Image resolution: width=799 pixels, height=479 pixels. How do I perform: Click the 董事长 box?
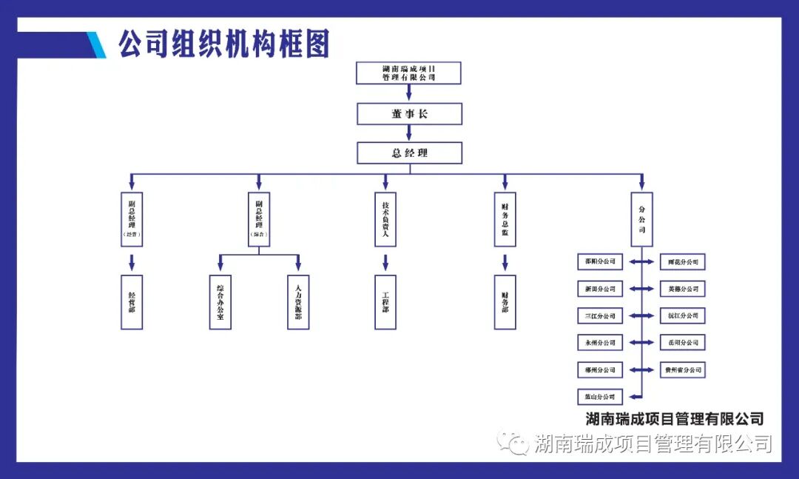[x=409, y=114]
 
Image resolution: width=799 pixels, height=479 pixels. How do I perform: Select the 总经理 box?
[x=409, y=153]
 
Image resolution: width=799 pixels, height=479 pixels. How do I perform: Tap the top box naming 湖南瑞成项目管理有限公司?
[x=408, y=73]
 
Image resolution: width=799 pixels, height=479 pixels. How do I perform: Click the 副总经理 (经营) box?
[x=132, y=219]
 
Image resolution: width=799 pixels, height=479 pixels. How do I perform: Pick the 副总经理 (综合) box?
[x=259, y=219]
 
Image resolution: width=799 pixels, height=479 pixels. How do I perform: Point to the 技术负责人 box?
[x=385, y=219]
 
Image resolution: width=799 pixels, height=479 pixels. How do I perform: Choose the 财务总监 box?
[x=505, y=219]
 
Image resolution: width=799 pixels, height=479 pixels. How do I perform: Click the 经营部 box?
[x=132, y=302]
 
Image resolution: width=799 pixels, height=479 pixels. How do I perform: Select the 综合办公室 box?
[x=220, y=302]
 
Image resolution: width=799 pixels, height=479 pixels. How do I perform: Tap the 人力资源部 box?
[x=298, y=302]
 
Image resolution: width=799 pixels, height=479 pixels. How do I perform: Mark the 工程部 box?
[x=385, y=302]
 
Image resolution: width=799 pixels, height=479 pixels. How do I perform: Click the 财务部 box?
[x=505, y=302]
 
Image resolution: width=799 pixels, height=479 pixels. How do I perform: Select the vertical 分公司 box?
[x=641, y=219]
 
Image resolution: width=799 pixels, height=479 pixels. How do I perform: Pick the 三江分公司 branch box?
[x=600, y=316]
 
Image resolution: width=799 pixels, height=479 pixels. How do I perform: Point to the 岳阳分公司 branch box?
[x=682, y=343]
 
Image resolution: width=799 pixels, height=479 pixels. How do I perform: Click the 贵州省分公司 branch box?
[x=682, y=369]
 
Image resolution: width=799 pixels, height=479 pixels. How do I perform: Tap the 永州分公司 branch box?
[x=600, y=343]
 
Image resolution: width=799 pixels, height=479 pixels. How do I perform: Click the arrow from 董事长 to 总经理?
[x=409, y=133]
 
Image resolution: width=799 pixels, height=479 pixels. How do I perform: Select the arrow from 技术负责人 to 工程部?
[x=385, y=262]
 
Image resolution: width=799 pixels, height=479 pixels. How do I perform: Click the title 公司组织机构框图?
[x=223, y=44]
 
